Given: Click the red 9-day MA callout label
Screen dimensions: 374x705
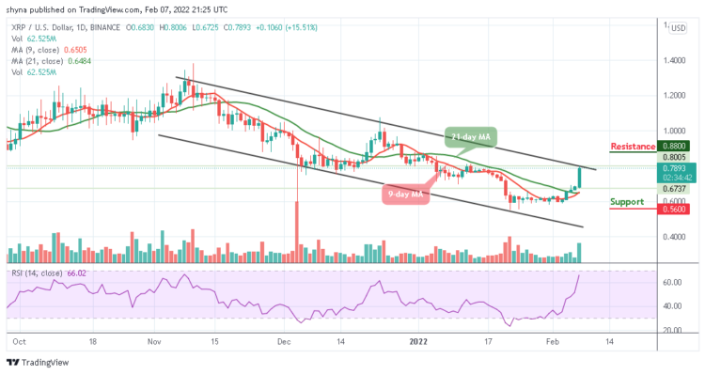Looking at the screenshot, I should click(406, 195).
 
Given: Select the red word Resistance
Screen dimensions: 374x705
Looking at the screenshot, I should click(633, 147).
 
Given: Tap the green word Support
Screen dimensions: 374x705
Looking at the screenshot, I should click(627, 202).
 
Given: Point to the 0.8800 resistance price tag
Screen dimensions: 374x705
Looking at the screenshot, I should click(674, 147).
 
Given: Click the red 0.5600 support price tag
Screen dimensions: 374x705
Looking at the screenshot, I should click(674, 210).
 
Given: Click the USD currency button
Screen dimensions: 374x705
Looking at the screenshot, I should click(675, 28).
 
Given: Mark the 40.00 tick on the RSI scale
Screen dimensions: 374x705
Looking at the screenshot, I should click(671, 305).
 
